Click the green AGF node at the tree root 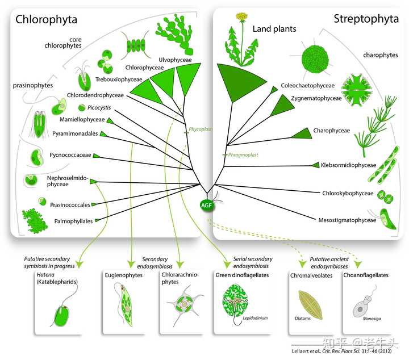pos(206,205)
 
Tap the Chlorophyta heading pos(46,19)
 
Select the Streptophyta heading pos(366,19)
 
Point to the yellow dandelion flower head pos(242,16)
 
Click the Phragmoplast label pos(243,155)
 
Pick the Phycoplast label pos(200,129)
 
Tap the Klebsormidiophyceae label pos(348,165)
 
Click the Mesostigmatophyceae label pos(347,220)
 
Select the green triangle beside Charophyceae pos(302,133)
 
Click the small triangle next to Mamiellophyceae pos(110,121)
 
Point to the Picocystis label pos(99,108)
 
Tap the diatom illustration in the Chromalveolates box pos(310,304)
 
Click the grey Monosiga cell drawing pos(363,305)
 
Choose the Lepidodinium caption pos(255,318)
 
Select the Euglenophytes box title pos(124,275)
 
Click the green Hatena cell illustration pos(61,316)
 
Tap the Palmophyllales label pos(73,221)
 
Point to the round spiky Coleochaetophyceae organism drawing pos(314,59)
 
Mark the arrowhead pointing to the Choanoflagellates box pos(358,265)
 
